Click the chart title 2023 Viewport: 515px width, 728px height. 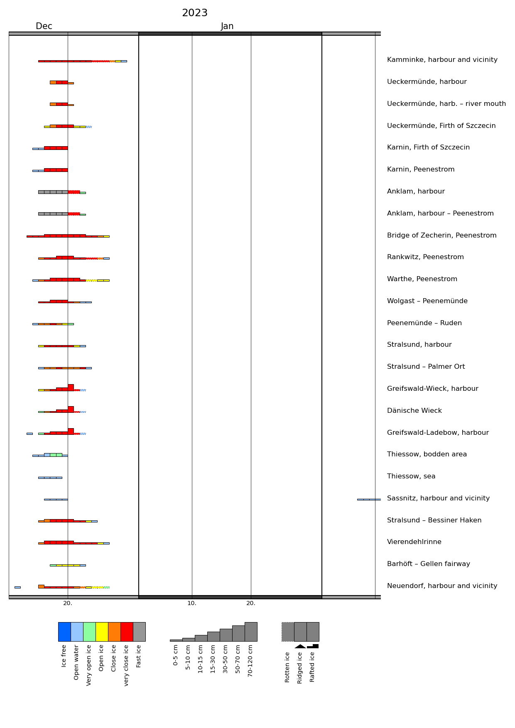coord(194,13)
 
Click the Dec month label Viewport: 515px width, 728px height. coord(44,27)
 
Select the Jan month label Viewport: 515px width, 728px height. coord(227,27)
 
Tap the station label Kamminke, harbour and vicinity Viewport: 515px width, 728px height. coord(442,60)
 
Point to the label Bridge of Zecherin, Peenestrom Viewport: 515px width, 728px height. coord(441,235)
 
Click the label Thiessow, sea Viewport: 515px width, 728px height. coord(411,476)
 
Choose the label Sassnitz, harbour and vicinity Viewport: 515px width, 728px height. coord(438,498)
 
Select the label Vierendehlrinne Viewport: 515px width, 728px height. coord(414,542)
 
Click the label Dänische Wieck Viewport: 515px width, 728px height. coord(414,411)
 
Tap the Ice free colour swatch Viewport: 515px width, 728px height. coord(64,632)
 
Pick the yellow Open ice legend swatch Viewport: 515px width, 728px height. coord(102,632)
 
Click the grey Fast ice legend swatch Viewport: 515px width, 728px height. coord(139,632)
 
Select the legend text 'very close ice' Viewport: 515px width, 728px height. coord(127,665)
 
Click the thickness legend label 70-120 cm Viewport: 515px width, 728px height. coord(250,660)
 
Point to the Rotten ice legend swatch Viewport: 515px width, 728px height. coord(288,632)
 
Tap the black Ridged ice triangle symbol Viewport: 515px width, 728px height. coord(300,646)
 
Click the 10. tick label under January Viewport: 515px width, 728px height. coord(191,603)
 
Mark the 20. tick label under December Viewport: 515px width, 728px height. coord(68,603)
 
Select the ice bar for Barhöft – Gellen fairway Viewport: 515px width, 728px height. coord(68,565)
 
